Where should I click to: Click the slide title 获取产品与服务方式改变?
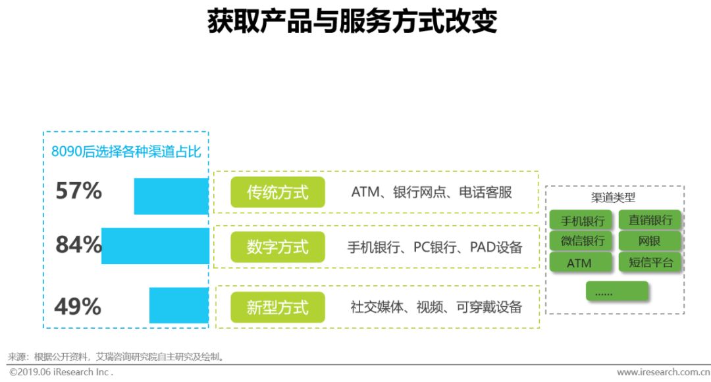click(x=352, y=21)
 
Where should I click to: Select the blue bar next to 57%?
click(x=171, y=196)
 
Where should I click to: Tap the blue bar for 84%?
click(x=155, y=246)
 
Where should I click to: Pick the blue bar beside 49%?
click(x=179, y=305)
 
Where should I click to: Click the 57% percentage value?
click(x=78, y=191)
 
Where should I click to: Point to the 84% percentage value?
click(x=78, y=245)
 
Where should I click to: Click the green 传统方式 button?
click(x=277, y=192)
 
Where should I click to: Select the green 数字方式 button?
click(x=277, y=247)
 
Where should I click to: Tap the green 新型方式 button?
click(x=277, y=307)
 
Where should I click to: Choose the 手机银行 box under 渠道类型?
click(x=582, y=220)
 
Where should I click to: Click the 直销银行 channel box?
click(x=650, y=219)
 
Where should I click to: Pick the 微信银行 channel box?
click(x=582, y=241)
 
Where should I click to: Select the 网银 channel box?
click(x=650, y=241)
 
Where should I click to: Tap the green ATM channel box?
click(x=579, y=263)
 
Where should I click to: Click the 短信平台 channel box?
click(x=650, y=262)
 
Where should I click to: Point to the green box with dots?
click(x=617, y=291)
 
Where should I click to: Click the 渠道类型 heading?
click(x=613, y=198)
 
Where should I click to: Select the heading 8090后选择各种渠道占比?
click(x=126, y=151)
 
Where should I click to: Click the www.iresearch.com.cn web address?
click(x=658, y=372)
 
